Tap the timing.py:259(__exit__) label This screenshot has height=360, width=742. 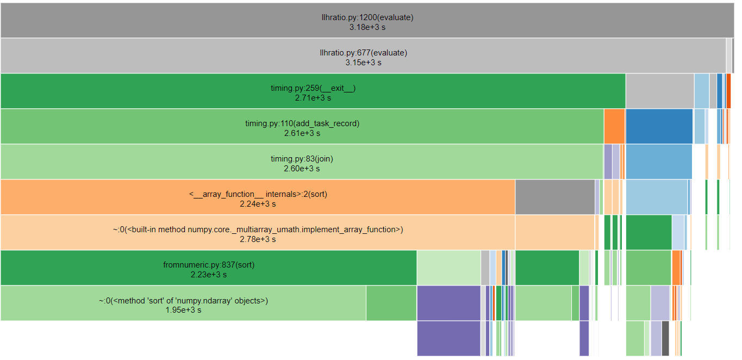pos(313,88)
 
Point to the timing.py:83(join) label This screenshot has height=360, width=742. pos(302,159)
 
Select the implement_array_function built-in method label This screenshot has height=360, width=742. pos(258,229)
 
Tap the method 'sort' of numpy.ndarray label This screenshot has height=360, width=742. pos(183,300)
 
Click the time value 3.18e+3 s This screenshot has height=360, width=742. pos(367,27)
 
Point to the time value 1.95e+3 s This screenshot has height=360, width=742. pos(183,310)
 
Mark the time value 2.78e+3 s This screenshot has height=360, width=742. pos(258,239)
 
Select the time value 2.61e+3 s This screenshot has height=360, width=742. pos(302,133)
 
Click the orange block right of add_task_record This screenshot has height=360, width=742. pos(614,126)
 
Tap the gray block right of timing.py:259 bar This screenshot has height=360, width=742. pos(659,91)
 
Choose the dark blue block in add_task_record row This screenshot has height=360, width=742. pos(659,126)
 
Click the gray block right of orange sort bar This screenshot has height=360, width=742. pos(554,197)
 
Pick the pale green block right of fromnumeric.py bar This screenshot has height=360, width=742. pos(448,268)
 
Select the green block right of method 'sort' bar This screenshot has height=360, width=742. pos(391,303)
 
